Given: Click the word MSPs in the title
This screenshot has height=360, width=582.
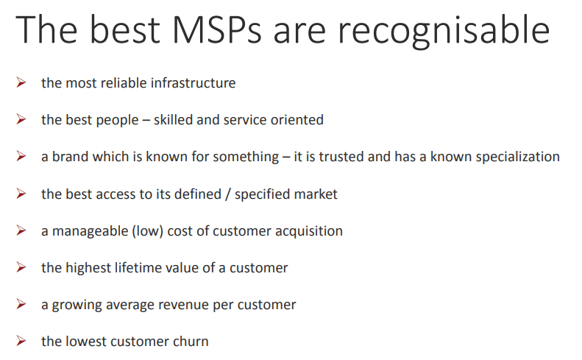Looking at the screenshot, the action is pos(217,29).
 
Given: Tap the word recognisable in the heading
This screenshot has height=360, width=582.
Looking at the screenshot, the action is pos(444,32).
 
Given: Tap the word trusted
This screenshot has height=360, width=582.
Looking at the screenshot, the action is pos(341,156).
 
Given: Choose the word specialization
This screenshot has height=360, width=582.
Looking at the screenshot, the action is pos(518,157).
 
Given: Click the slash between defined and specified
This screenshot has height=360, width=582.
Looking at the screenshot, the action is pos(228,194).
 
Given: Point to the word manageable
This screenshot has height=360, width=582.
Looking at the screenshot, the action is pos(91,231).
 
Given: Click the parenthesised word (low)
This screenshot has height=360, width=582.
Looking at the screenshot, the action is pos(148,231).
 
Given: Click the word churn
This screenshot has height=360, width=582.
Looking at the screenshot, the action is pos(192,341).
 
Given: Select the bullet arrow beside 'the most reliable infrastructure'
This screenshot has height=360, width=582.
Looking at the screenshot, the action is pos(21,82).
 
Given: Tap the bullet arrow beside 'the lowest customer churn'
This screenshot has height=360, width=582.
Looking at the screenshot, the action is pos(21,341).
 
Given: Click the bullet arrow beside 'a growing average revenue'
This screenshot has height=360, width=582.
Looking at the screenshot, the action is pos(21,304).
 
